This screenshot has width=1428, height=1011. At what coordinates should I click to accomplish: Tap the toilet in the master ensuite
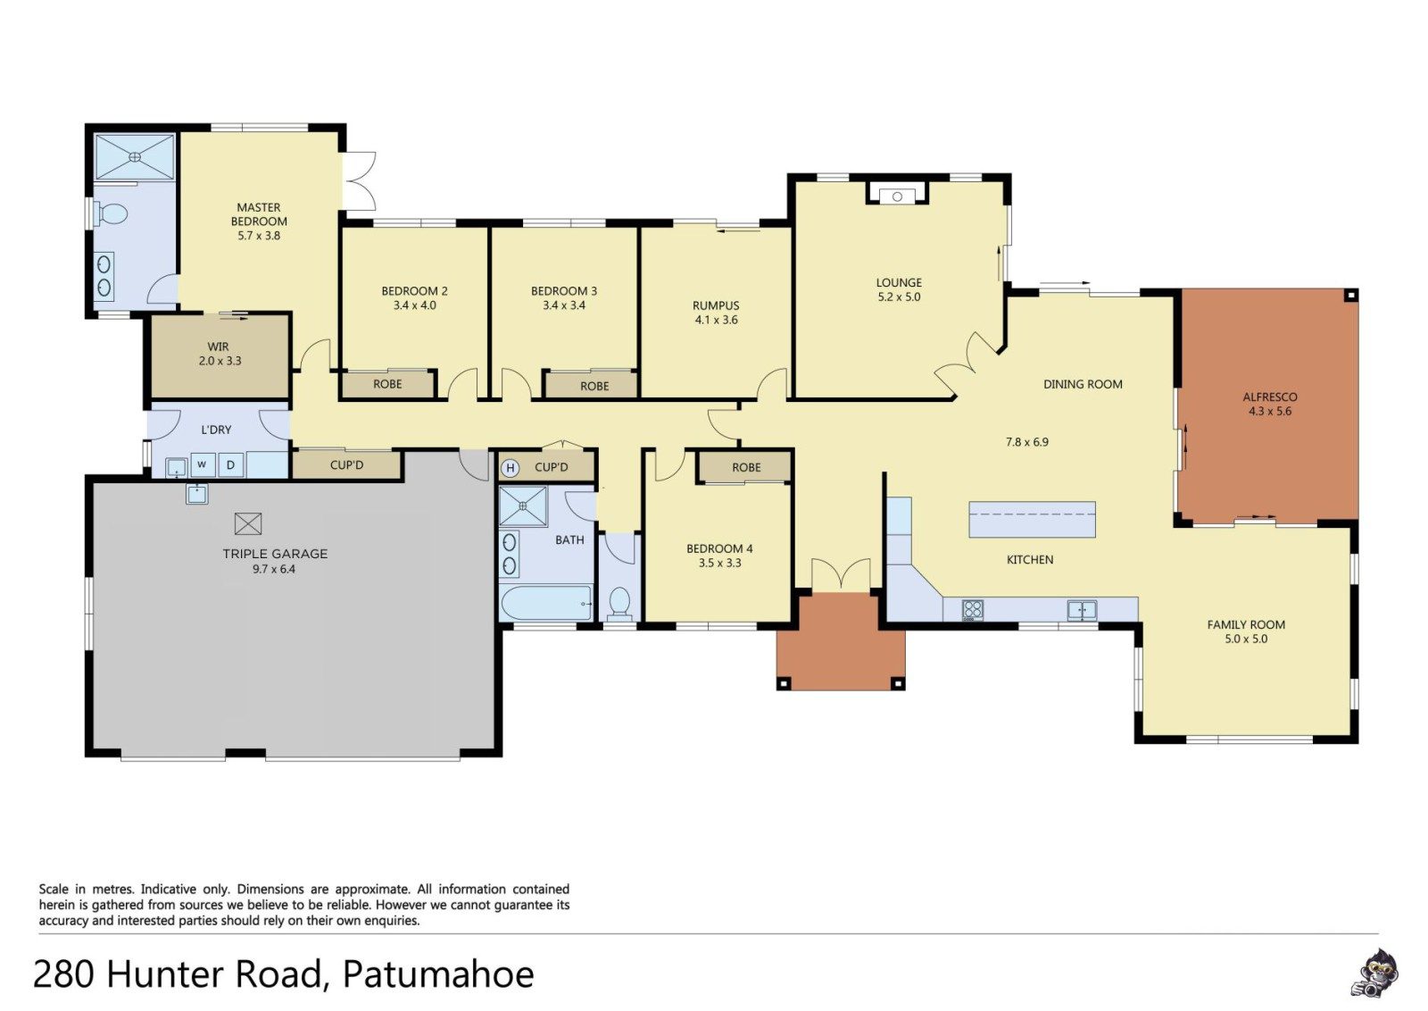(111, 213)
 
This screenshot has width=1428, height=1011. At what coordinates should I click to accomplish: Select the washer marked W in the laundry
(202, 464)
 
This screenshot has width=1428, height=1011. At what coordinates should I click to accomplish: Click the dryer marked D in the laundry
(231, 465)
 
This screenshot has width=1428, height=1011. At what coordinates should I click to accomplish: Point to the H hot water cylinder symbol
(510, 469)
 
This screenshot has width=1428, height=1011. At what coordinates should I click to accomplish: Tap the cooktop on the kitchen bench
(972, 609)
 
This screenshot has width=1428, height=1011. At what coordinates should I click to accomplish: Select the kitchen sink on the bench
(1082, 610)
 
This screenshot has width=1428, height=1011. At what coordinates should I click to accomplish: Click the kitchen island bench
(1032, 519)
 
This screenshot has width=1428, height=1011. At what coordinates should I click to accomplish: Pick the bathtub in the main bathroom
(547, 603)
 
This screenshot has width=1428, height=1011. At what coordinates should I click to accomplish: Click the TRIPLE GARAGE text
(275, 554)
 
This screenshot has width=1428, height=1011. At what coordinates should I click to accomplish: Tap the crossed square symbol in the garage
(248, 523)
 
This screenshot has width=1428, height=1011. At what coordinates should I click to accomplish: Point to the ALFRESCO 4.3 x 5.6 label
(1270, 404)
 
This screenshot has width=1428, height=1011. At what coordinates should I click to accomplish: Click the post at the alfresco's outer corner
(1351, 296)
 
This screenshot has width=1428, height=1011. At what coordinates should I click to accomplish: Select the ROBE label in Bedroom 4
(746, 467)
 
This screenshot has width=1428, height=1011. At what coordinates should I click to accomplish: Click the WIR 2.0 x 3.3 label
(219, 354)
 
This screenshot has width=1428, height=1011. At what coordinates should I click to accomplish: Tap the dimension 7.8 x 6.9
(1027, 441)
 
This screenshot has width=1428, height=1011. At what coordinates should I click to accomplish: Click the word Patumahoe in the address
(438, 974)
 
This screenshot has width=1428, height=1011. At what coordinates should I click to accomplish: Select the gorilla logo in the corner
(1377, 973)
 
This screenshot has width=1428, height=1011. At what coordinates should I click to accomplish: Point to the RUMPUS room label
(716, 313)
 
